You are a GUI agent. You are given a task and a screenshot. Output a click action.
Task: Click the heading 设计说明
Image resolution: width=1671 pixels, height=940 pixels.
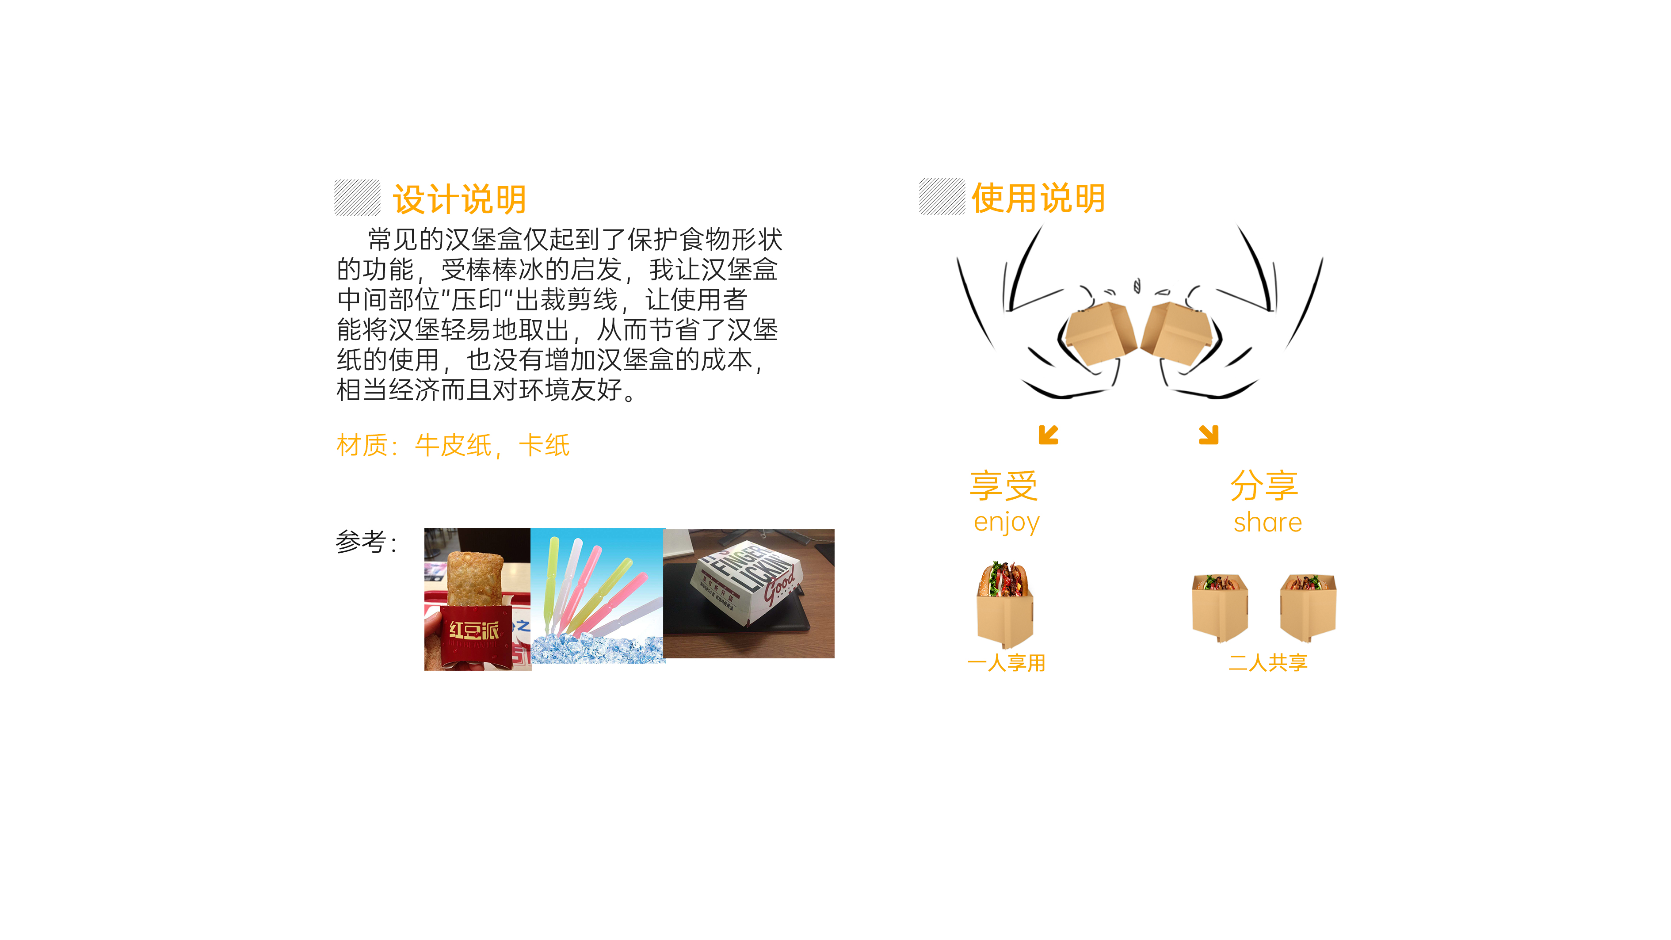(x=459, y=199)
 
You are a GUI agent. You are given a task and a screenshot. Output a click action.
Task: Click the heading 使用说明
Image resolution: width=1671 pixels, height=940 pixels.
(x=1038, y=198)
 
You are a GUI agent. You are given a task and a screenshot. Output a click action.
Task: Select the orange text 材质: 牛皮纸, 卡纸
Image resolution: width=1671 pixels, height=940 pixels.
(x=453, y=446)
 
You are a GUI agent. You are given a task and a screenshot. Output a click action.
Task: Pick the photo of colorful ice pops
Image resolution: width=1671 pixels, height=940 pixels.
(x=597, y=596)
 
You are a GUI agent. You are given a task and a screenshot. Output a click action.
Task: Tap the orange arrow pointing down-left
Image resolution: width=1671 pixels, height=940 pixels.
(x=1048, y=435)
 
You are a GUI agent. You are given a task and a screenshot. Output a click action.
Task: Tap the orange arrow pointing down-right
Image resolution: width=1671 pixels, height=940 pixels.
(x=1209, y=435)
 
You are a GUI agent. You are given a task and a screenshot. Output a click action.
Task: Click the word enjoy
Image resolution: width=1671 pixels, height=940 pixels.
(x=1006, y=522)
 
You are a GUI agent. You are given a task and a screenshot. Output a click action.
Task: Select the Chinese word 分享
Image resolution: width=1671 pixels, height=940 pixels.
(x=1264, y=485)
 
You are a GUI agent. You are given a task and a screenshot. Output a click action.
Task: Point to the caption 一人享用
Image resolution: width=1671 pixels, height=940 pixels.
(x=1006, y=663)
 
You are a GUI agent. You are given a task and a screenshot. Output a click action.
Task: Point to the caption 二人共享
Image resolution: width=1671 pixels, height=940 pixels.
(x=1267, y=662)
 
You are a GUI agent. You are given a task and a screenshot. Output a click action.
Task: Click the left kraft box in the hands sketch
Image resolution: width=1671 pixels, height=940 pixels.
(x=1099, y=334)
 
